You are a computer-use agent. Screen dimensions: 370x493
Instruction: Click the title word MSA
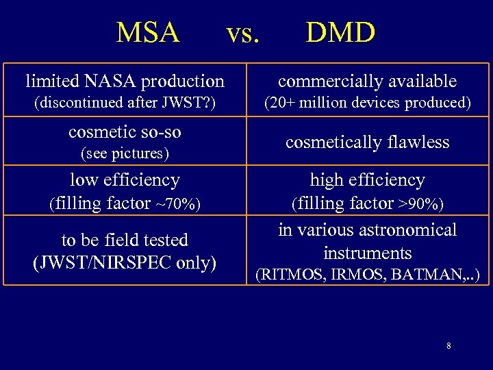148,32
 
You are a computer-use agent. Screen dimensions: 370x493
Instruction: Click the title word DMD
340,32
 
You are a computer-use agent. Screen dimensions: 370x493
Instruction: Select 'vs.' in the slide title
243,33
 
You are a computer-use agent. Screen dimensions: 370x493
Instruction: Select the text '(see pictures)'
125,153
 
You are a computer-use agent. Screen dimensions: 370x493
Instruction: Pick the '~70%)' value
179,203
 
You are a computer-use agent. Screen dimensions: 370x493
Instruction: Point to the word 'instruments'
367,253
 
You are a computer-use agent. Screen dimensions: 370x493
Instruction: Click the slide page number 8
448,346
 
